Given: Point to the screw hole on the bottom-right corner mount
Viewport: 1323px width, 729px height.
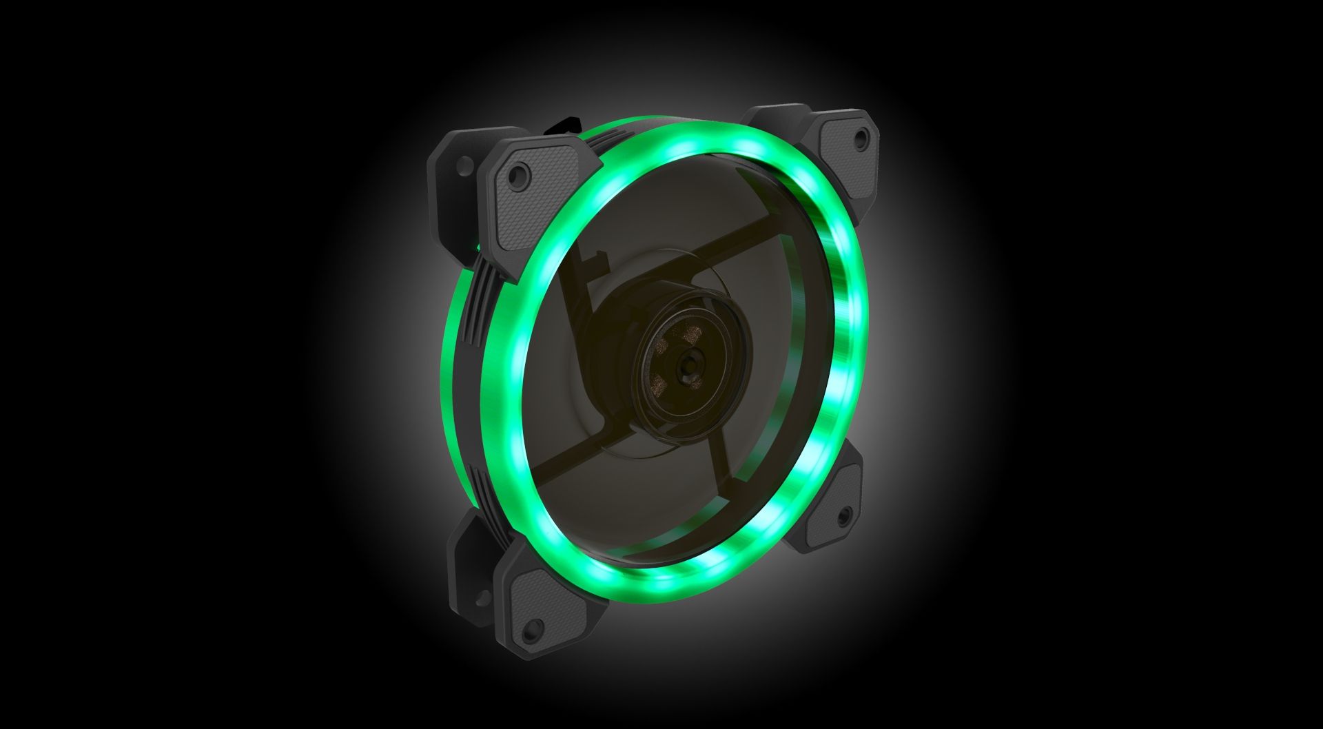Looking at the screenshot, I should click(x=842, y=513).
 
